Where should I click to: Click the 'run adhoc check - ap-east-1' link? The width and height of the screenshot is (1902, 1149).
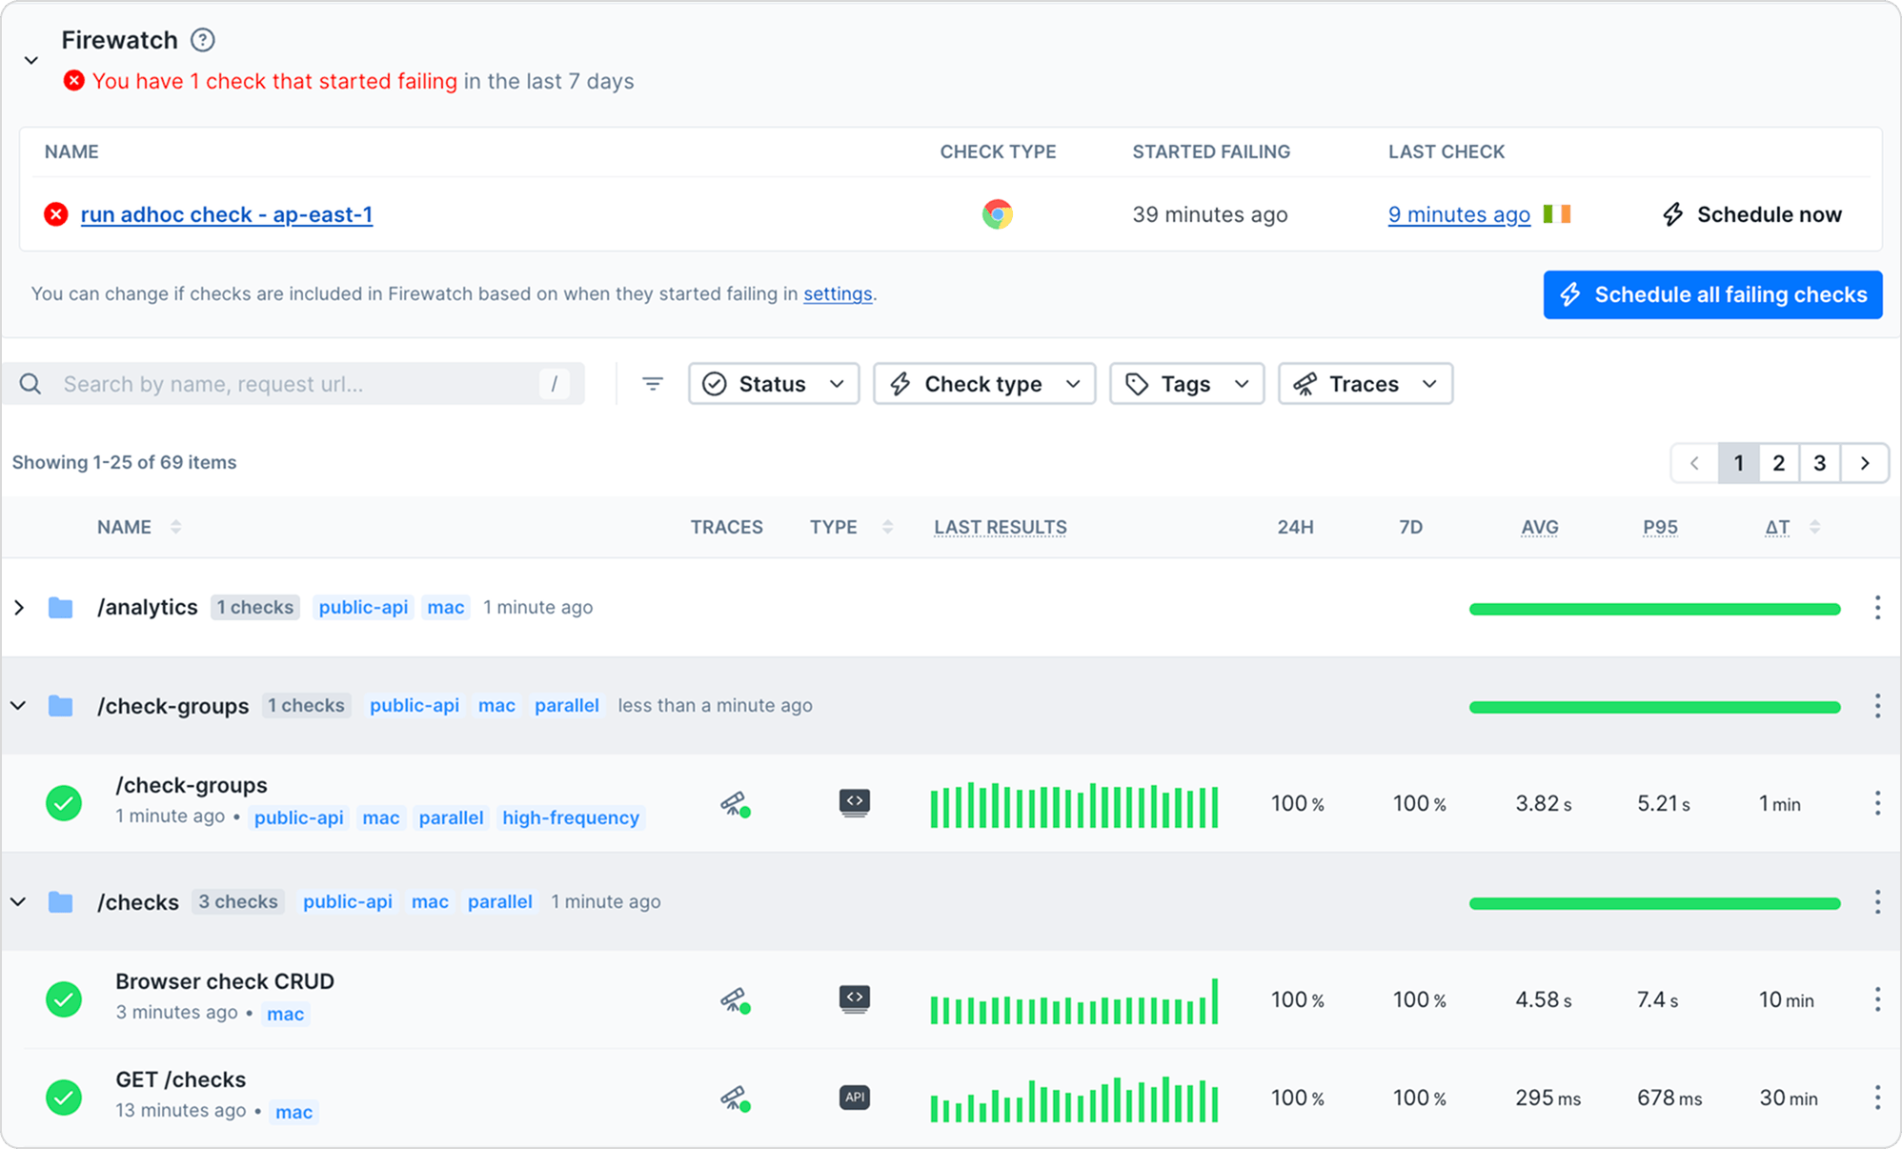(226, 214)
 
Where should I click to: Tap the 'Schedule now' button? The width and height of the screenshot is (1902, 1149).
(1751, 214)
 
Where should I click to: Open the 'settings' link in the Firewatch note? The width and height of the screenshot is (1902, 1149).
(837, 293)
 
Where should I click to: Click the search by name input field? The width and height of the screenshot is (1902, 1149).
(295, 384)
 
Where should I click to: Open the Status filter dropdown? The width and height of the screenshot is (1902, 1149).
(773, 384)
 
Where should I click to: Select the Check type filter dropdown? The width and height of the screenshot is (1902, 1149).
(983, 384)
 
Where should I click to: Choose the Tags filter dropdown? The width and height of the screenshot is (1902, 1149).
(1186, 384)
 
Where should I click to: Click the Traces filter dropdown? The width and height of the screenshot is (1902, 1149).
(1365, 384)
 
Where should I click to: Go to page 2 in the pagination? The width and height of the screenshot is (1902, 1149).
(1778, 463)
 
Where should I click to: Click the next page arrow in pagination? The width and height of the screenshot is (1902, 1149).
(1864, 463)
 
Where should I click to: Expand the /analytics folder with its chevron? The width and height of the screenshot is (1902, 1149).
(19, 608)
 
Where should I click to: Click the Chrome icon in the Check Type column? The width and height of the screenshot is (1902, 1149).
(997, 214)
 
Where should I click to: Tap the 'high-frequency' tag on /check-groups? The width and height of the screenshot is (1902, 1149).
(570, 817)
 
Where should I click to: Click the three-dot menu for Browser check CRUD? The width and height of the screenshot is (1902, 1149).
(1877, 999)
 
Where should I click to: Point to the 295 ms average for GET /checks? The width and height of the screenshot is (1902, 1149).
(1547, 1098)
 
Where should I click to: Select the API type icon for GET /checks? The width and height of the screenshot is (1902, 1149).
(855, 1098)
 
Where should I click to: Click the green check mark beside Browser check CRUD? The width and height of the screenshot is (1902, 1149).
(64, 999)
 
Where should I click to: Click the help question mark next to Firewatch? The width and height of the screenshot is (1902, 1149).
(202, 40)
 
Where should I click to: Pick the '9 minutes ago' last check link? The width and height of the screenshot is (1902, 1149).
(1458, 214)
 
